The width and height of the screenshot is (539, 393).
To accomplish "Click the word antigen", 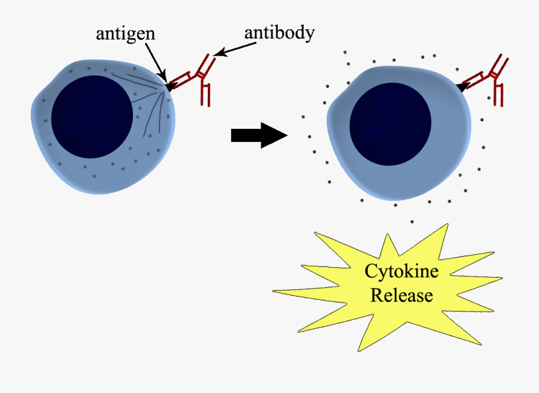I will click(x=125, y=34).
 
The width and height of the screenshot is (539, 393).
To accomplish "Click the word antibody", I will click(x=279, y=32).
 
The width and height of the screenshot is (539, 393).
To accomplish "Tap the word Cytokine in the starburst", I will click(x=401, y=271).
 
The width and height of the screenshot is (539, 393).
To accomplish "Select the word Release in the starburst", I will click(x=401, y=295).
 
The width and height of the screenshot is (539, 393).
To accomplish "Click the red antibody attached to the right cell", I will click(x=488, y=78).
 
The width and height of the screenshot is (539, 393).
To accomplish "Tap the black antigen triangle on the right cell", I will click(x=461, y=87).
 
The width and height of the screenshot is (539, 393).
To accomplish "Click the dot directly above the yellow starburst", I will click(x=411, y=222).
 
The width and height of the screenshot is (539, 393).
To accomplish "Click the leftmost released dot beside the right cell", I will click(x=303, y=117).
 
